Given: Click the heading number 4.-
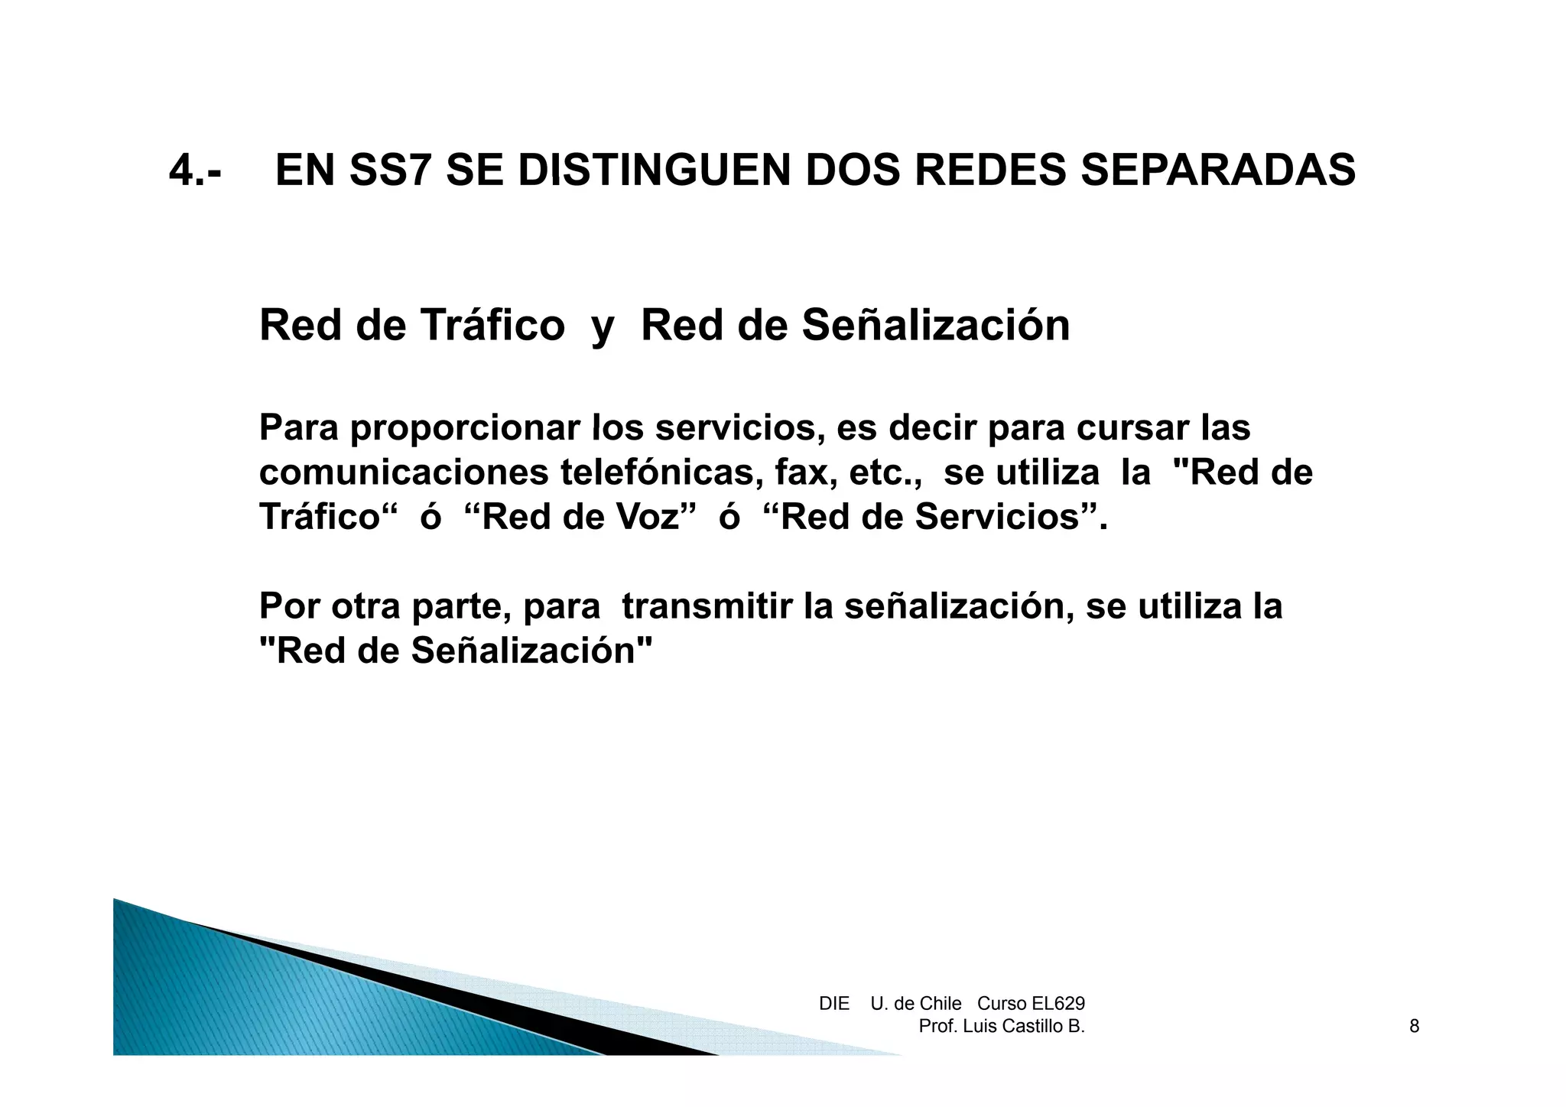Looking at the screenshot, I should [195, 170].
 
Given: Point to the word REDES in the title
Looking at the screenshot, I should [989, 170].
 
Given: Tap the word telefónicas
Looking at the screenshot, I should [661, 472].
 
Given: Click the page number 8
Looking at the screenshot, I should [1414, 1026].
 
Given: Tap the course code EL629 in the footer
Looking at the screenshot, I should [1058, 1004].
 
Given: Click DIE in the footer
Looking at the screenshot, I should [833, 1004].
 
